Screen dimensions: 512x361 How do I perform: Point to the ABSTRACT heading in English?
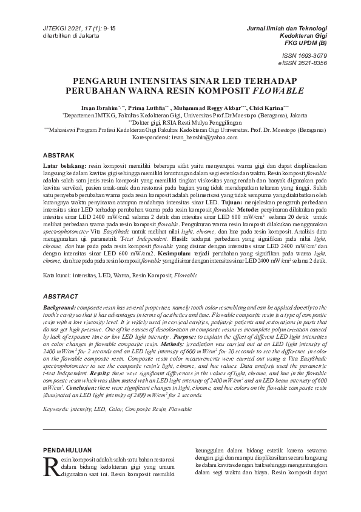(x=62, y=296)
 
